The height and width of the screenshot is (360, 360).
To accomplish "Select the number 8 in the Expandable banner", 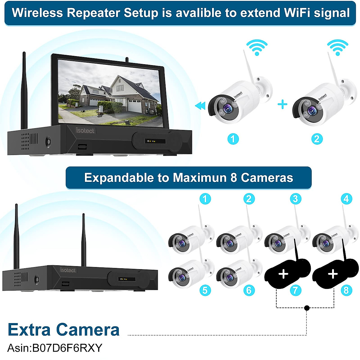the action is coord(234,178).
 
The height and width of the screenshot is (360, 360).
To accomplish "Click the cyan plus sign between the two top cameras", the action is coord(282,104).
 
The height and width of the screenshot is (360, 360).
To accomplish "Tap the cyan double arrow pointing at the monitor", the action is coord(200,106).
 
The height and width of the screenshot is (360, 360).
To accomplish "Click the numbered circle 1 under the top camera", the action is coord(233,139).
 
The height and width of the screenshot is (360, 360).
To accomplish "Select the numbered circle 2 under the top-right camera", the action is coord(317,139).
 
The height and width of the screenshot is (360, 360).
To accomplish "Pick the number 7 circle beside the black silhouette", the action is coord(295,290).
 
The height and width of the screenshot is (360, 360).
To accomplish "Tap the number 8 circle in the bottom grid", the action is coord(346,290).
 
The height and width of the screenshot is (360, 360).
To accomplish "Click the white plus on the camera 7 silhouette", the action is coord(283,274).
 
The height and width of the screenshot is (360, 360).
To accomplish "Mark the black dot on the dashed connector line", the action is coord(307,308).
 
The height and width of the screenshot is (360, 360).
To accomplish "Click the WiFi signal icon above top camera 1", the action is coord(257,48).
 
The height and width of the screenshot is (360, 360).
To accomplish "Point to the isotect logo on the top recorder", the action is coord(85,131).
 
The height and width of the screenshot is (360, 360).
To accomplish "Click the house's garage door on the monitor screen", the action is coord(134,106).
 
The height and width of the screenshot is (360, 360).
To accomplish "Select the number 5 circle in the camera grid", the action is coord(205,290).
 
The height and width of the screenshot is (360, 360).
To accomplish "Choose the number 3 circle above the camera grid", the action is coord(295,199).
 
